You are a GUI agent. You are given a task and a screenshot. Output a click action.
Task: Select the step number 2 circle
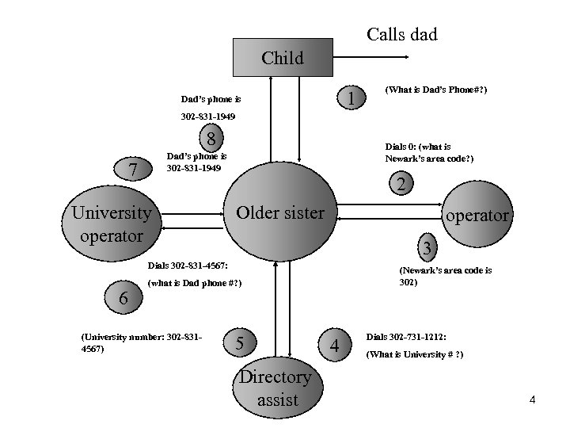(401, 185)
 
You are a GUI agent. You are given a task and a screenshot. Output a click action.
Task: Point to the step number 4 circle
(336, 346)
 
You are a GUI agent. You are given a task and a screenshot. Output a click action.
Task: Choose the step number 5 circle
(241, 342)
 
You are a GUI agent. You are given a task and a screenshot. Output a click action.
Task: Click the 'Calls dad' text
(401, 35)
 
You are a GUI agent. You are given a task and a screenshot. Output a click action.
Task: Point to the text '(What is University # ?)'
(414, 353)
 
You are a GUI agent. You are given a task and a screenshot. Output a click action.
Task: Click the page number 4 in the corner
(532, 399)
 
